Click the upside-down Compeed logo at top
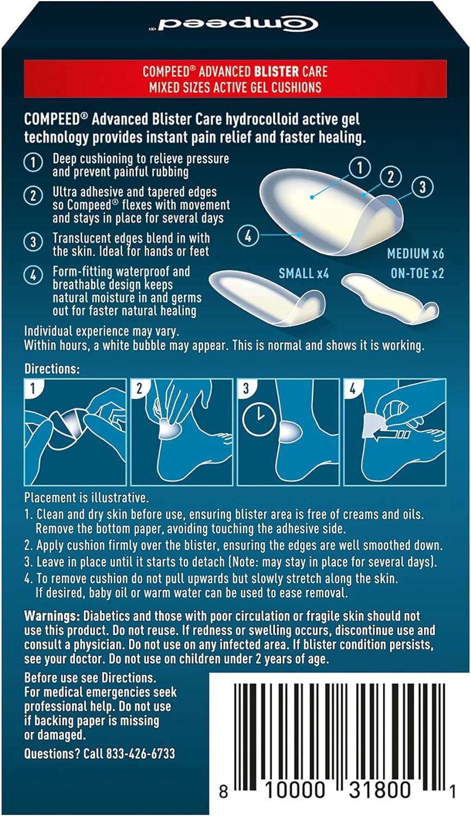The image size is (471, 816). [x=235, y=25]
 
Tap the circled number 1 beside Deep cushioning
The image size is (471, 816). [x=33, y=162]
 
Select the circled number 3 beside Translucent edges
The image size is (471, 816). [x=33, y=242]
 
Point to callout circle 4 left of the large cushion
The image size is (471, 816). [x=248, y=236]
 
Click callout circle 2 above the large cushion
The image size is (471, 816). [x=390, y=176]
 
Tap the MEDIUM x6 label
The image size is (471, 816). [x=415, y=254]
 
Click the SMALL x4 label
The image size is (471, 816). [x=304, y=273]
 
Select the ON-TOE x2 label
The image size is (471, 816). [x=417, y=273]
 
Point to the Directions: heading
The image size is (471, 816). [x=52, y=369]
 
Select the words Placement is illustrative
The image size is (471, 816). [x=86, y=497]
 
